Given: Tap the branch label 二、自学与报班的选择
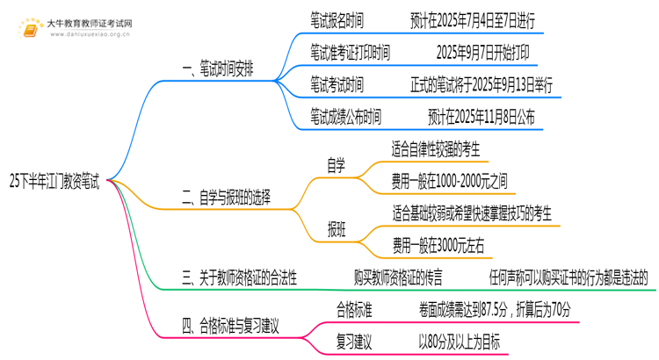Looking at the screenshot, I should [226, 199].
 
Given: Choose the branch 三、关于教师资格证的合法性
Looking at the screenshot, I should [239, 277].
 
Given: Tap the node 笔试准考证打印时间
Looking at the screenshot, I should [350, 53].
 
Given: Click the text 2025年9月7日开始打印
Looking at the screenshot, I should [482, 53].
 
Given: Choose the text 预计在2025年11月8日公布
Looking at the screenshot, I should [482, 117].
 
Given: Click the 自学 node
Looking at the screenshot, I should [336, 166].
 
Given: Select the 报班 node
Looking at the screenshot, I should [336, 229].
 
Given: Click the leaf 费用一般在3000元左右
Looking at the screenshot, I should [438, 245].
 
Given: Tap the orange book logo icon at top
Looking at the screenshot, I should [32, 29].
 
